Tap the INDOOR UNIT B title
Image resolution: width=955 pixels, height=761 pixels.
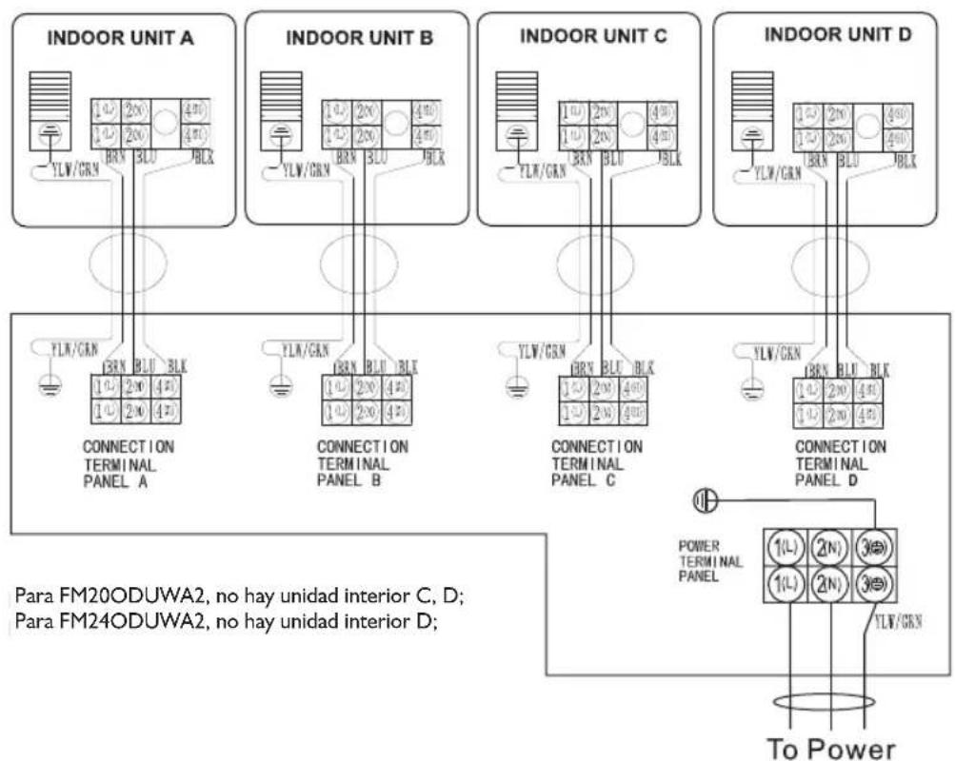pos(359,38)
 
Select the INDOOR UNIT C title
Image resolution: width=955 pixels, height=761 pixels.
pos(593,36)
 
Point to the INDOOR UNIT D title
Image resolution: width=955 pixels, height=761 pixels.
pos(838,34)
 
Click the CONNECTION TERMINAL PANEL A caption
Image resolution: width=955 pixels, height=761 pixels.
pos(129,463)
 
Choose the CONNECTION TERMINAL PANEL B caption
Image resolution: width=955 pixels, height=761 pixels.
pos(363,463)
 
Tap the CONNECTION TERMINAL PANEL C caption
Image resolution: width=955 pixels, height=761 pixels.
pos(597,463)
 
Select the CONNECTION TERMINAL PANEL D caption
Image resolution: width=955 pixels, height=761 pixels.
pos(841,463)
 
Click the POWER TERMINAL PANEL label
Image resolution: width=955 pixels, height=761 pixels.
pos(705,562)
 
